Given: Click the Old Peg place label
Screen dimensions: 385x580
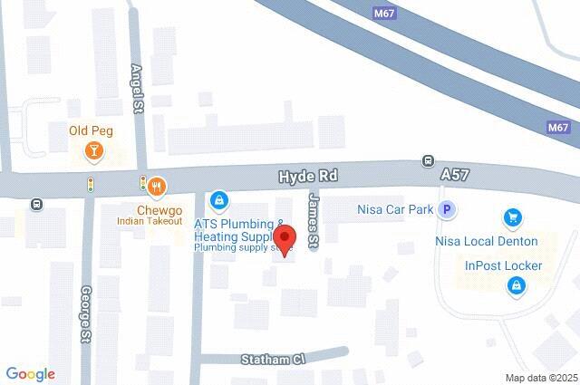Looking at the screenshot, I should (x=91, y=130).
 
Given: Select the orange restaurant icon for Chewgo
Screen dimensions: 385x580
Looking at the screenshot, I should (x=157, y=187).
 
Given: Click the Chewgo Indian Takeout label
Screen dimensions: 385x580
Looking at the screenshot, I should (x=150, y=213).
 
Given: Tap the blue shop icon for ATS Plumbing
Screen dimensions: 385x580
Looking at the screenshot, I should (x=217, y=198).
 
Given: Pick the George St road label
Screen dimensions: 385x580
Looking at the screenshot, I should (x=86, y=309).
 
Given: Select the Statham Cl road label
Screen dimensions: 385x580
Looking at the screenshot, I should (x=275, y=360).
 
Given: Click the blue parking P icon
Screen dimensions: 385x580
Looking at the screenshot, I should (x=445, y=210).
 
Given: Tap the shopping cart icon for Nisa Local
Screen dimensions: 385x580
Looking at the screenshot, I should (x=513, y=217).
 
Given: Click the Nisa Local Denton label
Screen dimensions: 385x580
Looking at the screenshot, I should (x=488, y=242).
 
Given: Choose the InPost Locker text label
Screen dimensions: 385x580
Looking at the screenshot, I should (x=503, y=266).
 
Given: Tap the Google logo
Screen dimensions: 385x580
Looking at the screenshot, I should (x=30, y=373).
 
